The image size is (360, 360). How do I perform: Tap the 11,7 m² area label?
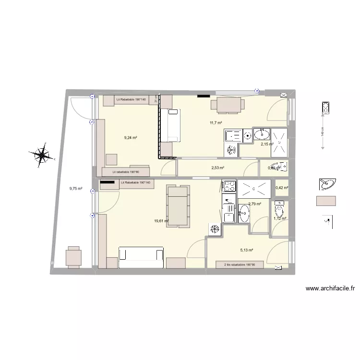[x=216, y=123]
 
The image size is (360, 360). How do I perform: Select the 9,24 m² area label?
[x=131, y=138]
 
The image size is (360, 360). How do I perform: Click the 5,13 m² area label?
[x=246, y=250]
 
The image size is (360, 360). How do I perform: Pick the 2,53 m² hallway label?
[x=217, y=168]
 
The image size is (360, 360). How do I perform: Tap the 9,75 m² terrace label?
[x=76, y=189]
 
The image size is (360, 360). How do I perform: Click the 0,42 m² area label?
[x=282, y=188]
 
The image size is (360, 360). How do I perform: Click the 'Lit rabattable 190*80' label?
[x=126, y=171]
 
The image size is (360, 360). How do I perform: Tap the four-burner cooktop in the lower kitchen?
[x=228, y=185]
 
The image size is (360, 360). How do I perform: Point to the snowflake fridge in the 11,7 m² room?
[x=231, y=150]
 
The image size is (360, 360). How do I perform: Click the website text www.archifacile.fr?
[x=330, y=288]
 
